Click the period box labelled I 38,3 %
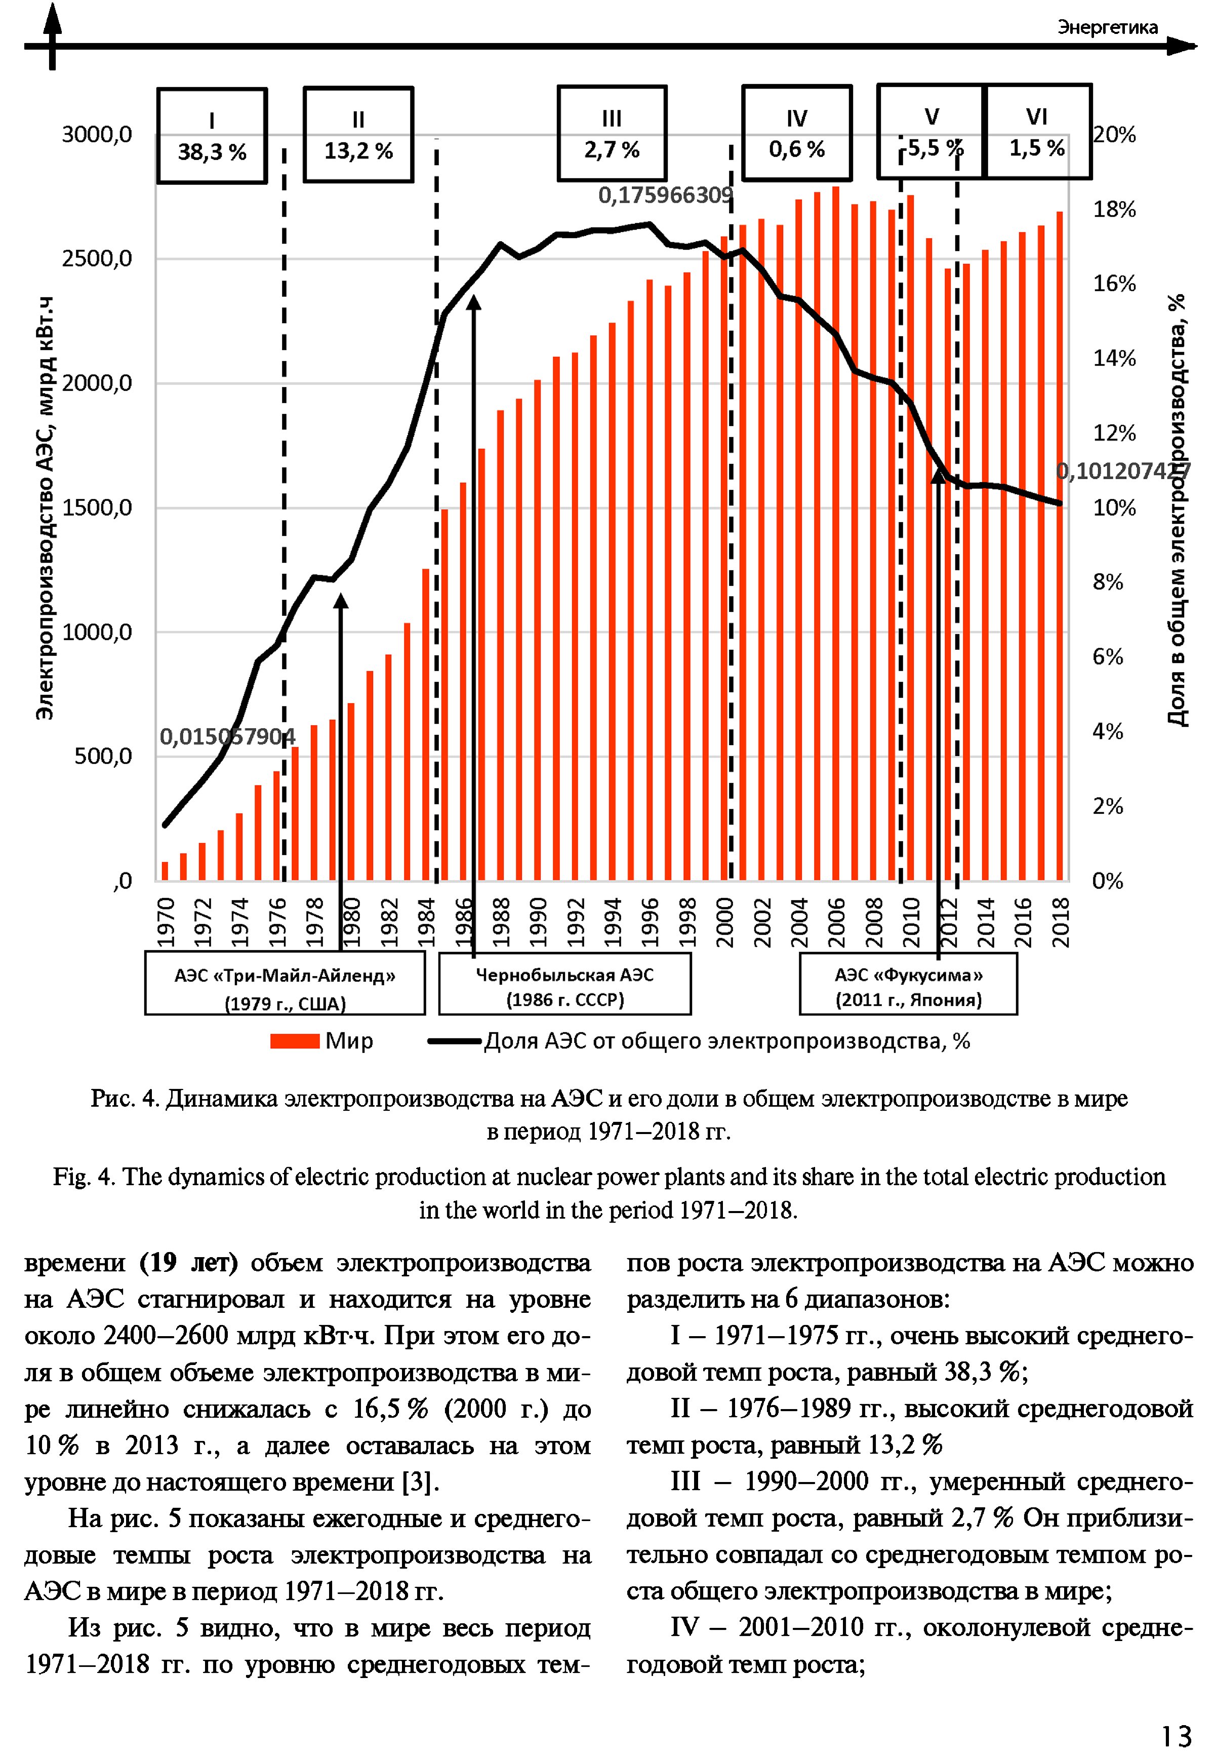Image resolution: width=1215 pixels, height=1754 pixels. pyautogui.click(x=212, y=136)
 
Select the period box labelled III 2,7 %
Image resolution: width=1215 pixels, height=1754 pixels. pyautogui.click(x=612, y=133)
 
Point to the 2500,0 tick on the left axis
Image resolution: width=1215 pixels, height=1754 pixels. pyautogui.click(x=97, y=259)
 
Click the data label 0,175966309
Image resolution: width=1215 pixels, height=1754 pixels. pyautogui.click(x=665, y=196)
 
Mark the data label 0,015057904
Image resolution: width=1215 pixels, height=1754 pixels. pyautogui.click(x=227, y=736)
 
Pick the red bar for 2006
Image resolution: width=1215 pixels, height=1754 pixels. pyautogui.click(x=835, y=533)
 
